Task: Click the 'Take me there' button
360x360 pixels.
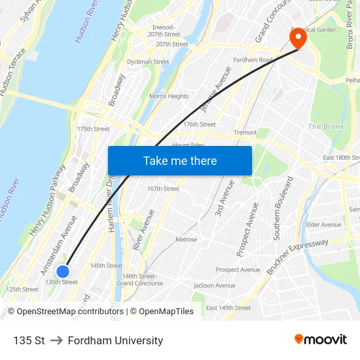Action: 180,160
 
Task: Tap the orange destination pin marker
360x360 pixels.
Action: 298,38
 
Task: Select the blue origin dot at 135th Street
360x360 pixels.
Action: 63,272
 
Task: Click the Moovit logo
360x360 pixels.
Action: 320,340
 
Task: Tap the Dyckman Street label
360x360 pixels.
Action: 148,62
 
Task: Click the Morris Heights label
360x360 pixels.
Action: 169,96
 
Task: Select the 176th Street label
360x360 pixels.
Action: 200,124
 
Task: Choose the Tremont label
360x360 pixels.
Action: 245,132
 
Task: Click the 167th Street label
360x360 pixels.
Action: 163,189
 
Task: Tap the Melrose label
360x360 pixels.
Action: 186,240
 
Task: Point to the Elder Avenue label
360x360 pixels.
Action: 323,225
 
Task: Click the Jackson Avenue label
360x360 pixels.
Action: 214,285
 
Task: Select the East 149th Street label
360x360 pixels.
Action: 228,308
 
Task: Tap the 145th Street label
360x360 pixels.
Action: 106,266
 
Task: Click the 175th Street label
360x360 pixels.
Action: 94,129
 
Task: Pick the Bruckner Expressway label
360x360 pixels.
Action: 297,257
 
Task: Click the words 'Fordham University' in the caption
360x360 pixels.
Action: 115,340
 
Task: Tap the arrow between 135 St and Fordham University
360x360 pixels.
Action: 56,340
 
